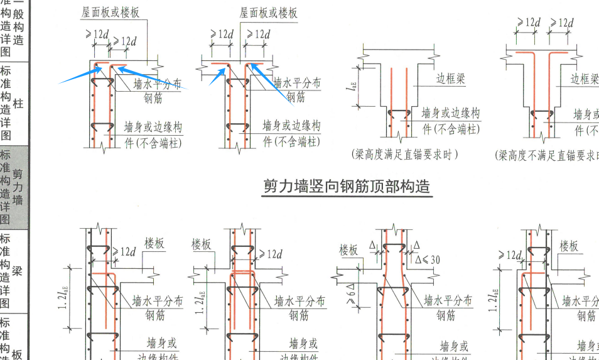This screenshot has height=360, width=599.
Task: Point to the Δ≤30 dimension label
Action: click(428, 259)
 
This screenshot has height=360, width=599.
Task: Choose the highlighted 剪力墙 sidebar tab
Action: click(18, 187)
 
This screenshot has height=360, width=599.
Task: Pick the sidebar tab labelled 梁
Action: click(18, 271)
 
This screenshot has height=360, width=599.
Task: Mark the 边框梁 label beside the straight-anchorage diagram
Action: click(451, 79)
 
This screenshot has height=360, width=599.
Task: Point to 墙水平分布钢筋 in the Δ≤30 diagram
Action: click(447, 308)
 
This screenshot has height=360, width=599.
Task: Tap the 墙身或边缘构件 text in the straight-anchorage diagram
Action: click(450, 121)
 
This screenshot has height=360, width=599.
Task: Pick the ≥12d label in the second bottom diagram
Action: click(271, 254)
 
